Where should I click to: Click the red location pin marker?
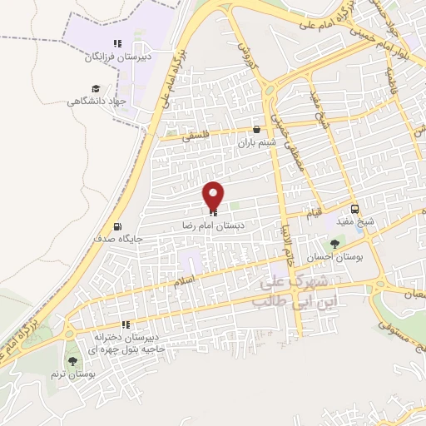click(x=213, y=196)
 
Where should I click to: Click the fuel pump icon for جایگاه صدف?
click(x=116, y=226)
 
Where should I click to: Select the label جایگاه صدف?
click(x=121, y=238)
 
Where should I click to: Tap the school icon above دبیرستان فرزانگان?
click(x=117, y=43)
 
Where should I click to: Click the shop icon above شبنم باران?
click(x=256, y=130)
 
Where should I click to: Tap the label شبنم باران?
click(x=255, y=143)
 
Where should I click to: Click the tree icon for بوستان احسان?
click(x=334, y=244)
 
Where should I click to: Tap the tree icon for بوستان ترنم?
click(x=73, y=361)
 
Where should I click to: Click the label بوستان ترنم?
click(x=73, y=375)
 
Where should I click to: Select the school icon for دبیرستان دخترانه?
click(x=125, y=324)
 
